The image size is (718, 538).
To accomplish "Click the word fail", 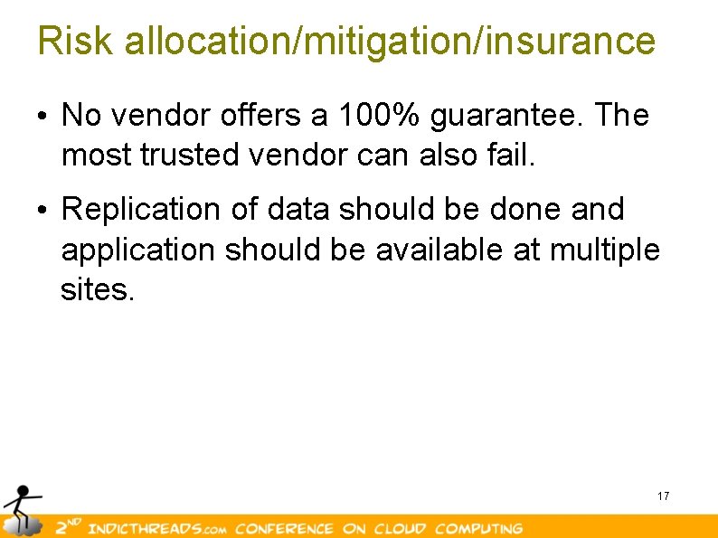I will coord(514,156).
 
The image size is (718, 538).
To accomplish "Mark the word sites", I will coord(97,290).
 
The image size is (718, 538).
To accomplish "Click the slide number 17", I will coord(663,496).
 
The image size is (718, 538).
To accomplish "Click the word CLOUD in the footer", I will coord(400,528).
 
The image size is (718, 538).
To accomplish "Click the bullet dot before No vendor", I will coord(43,117).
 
